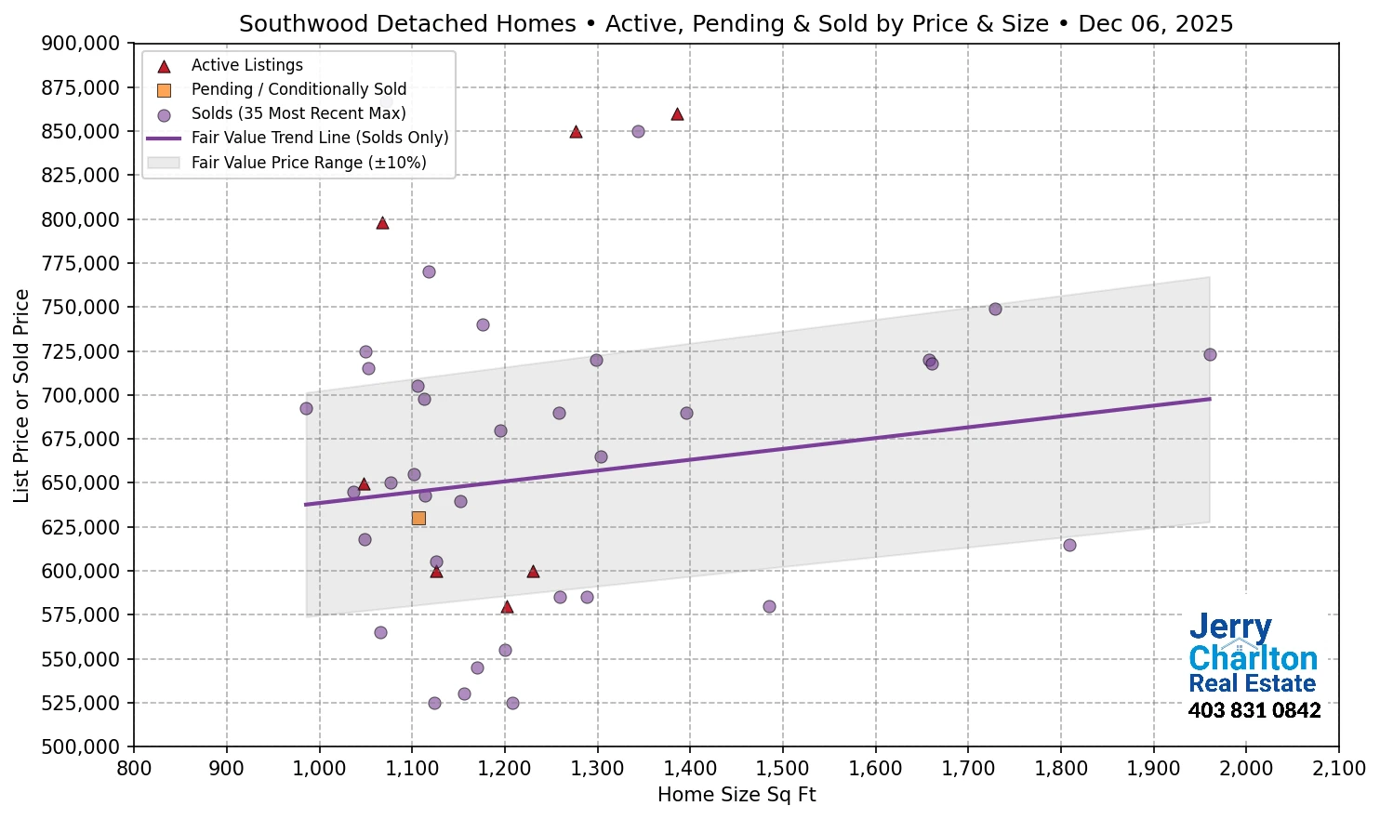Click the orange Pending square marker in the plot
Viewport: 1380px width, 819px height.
pos(418,518)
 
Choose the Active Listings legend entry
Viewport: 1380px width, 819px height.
pos(246,65)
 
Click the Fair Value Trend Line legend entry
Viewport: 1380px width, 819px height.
pos(319,138)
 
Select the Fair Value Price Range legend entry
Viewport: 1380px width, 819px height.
pos(308,163)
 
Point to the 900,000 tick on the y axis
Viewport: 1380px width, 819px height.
pos(82,44)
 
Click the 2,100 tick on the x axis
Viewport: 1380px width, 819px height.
pos(1338,769)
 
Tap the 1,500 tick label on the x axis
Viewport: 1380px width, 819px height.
pos(783,769)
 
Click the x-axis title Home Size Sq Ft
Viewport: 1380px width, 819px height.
pos(736,795)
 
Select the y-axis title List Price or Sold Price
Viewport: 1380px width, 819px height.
pos(21,395)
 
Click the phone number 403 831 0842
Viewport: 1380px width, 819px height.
pos(1254,711)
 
